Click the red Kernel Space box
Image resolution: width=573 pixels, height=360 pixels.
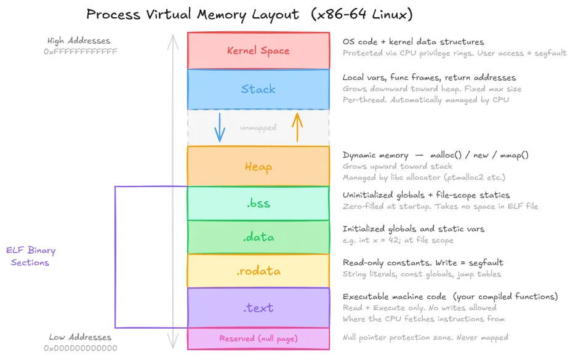[258, 50]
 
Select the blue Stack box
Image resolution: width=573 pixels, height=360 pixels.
[258, 89]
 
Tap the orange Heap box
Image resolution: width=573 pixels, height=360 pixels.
[258, 166]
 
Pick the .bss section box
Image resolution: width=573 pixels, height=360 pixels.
[258, 203]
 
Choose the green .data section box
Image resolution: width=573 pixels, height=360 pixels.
[258, 237]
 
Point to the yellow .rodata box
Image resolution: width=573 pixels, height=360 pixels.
[258, 271]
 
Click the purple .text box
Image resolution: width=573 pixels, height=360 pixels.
[258, 308]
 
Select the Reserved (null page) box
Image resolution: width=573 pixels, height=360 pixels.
[258, 338]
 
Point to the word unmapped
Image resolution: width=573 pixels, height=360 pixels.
[258, 128]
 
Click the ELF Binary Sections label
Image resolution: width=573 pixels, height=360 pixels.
[31, 257]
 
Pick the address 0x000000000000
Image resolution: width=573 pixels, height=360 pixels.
[80, 348]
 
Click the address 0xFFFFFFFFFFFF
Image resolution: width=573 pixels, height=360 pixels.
[80, 52]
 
